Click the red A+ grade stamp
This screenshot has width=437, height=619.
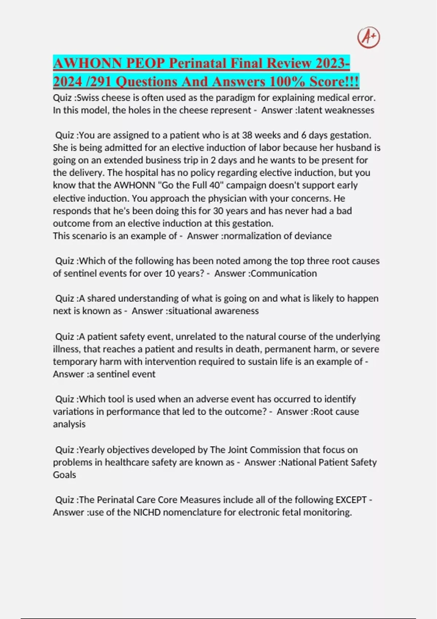tap(369, 38)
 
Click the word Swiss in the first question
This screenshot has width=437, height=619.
tap(89, 98)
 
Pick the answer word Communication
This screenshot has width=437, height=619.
tap(284, 273)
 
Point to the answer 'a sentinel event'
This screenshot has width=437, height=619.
tap(122, 374)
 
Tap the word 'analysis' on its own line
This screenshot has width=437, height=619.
tap(69, 424)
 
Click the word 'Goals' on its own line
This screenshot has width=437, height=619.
tap(64, 475)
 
